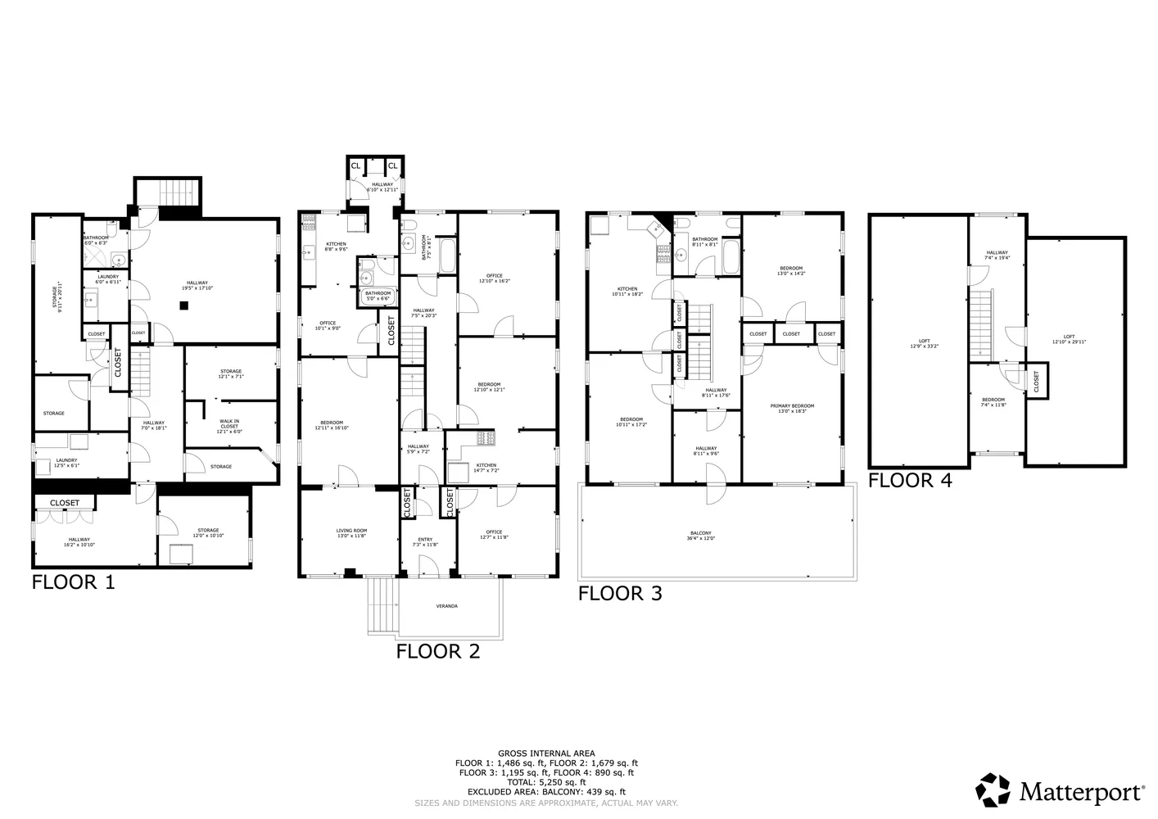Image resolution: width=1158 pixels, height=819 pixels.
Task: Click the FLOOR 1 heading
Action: click(73, 582)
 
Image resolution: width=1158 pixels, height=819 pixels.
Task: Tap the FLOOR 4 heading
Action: click(910, 481)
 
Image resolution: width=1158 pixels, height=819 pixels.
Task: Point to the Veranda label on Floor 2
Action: click(446, 606)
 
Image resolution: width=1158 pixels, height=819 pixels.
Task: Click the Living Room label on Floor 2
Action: click(351, 534)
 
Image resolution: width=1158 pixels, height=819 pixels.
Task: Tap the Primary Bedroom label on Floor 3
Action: click(792, 409)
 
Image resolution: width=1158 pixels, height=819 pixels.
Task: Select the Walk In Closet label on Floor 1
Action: click(229, 424)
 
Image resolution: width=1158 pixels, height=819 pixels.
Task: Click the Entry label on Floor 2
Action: click(425, 541)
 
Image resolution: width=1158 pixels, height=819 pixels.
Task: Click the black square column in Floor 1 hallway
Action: click(185, 305)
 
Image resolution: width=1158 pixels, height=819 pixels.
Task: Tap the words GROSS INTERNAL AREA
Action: click(546, 753)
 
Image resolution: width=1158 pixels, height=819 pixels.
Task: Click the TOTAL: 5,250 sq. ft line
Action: click(546, 782)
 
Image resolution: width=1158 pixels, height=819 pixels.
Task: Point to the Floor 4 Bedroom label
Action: click(993, 402)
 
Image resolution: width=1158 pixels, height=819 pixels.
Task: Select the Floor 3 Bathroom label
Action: click(704, 242)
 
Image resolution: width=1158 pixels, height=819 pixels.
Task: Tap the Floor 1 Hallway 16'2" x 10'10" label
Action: click(79, 542)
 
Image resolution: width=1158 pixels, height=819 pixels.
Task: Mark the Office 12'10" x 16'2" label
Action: click(494, 278)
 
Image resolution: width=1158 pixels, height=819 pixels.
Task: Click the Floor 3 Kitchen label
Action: click(627, 291)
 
